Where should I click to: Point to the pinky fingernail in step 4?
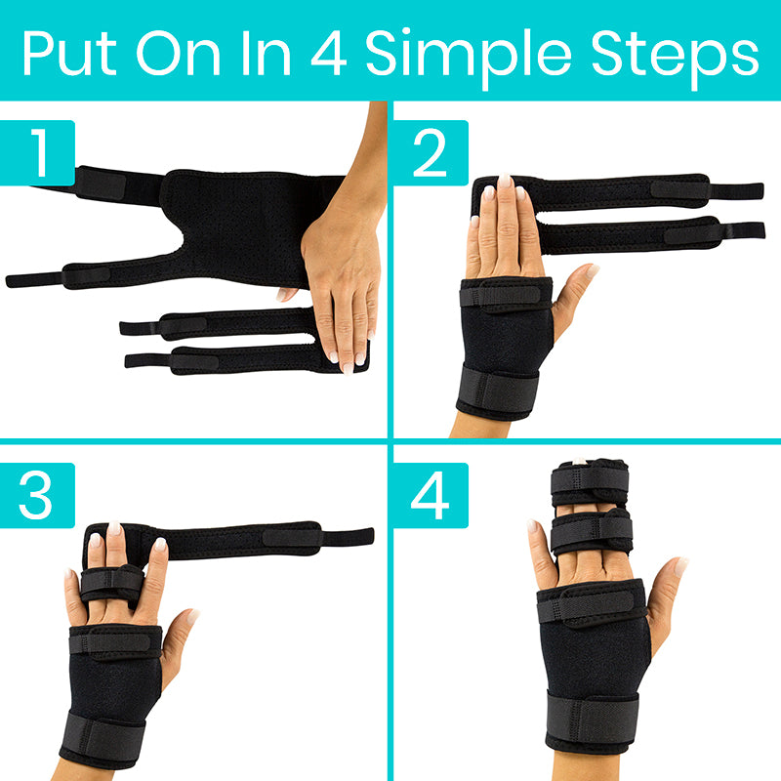tap(533, 527)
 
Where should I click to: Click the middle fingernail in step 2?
tap(506, 182)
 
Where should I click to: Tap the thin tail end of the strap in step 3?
tap(349, 536)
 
